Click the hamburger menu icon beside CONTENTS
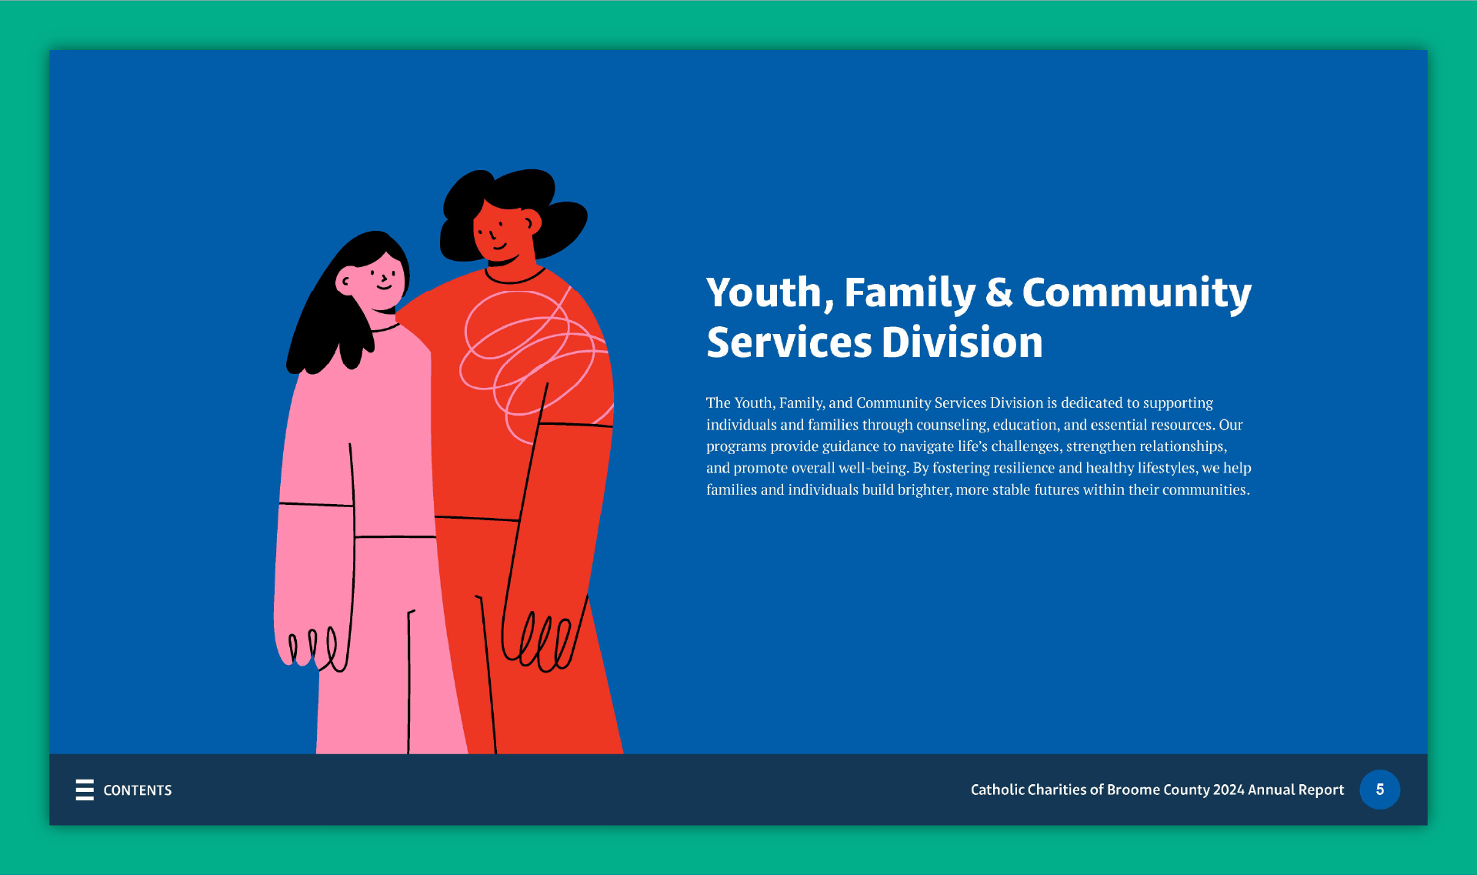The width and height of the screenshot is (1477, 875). pyautogui.click(x=85, y=790)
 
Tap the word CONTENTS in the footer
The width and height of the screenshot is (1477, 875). pyautogui.click(x=138, y=790)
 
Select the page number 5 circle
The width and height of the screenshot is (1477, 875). pyautogui.click(x=1379, y=790)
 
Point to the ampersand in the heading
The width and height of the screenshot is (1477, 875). pyautogui.click(x=999, y=293)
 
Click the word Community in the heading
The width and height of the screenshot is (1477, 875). pyautogui.click(x=1136, y=293)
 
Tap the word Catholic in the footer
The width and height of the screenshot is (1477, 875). pyautogui.click(x=997, y=790)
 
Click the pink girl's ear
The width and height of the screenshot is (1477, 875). pyautogui.click(x=345, y=282)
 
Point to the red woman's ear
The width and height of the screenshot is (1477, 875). pyautogui.click(x=532, y=222)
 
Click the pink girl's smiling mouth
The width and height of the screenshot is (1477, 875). pyautogui.click(x=384, y=287)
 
